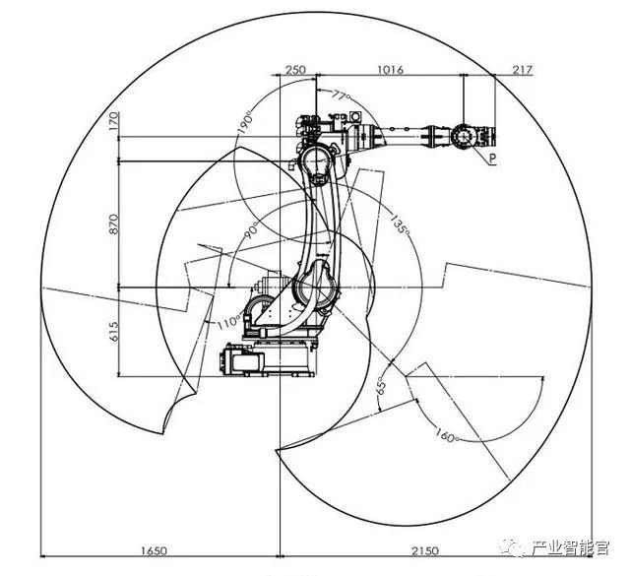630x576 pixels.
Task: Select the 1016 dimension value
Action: tap(390, 70)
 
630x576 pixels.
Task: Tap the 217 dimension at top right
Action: tap(522, 70)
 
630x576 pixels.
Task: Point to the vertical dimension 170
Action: tap(113, 122)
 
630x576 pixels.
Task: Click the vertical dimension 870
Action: tap(113, 224)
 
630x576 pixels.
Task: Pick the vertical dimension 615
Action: tap(113, 331)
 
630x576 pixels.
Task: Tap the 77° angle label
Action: tap(340, 96)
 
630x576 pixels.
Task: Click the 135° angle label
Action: tap(400, 224)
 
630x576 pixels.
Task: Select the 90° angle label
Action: tap(252, 232)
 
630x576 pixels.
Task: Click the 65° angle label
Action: tap(381, 386)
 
